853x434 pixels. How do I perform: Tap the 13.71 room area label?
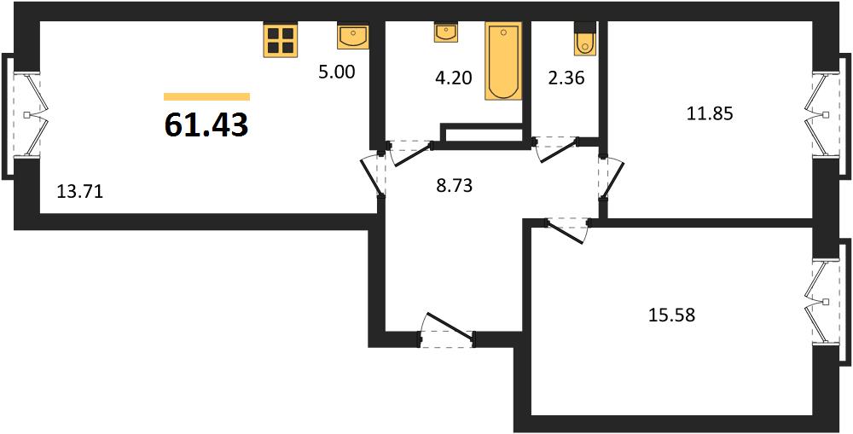coord(80,192)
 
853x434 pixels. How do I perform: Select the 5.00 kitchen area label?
coord(337,72)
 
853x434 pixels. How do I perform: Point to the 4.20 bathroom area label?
coord(454,78)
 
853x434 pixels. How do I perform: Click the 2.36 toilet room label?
coord(566,78)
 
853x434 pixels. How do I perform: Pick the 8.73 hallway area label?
coord(455,186)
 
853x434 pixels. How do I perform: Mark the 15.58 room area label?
coord(672,315)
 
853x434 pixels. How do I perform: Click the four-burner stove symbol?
coord(281,40)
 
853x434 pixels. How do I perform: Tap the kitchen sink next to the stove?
coord(353,37)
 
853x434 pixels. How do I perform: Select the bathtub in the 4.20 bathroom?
coord(503,61)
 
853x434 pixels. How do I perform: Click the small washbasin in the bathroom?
coord(446,32)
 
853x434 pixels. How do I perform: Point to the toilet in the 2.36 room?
coord(585,38)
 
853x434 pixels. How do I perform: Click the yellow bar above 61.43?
coord(206,97)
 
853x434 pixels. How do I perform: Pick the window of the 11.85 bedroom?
coord(829,115)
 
